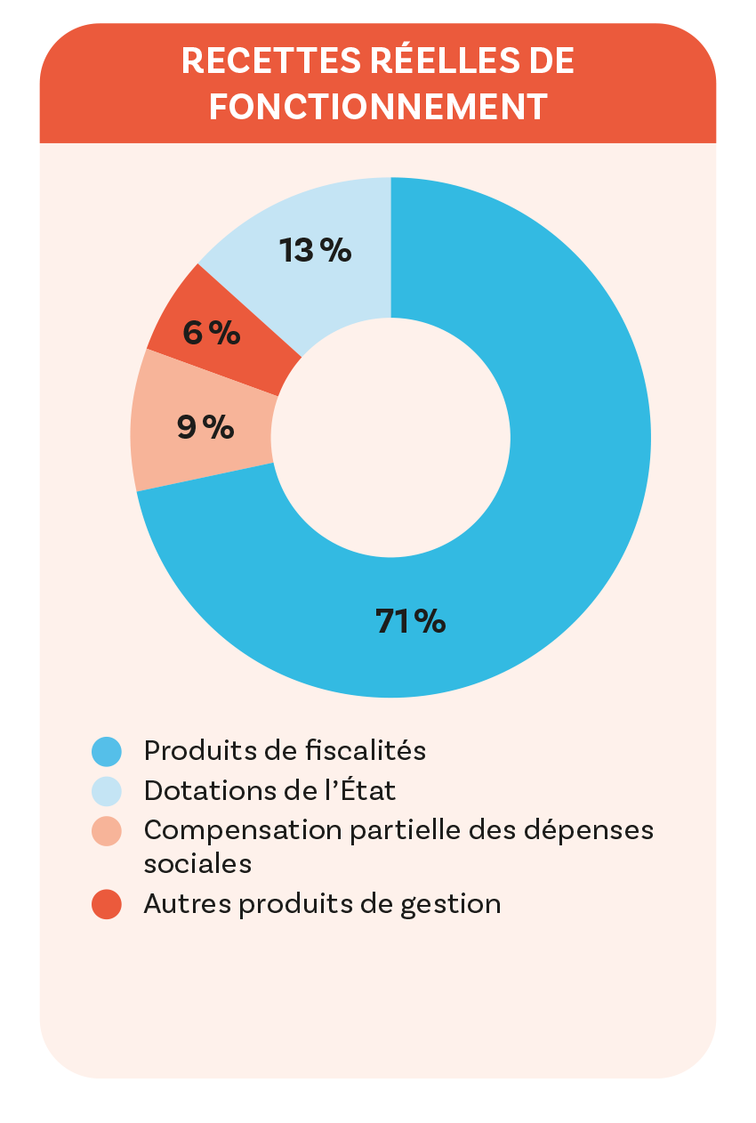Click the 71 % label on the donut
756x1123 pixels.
(x=410, y=621)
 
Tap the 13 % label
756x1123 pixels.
(x=316, y=251)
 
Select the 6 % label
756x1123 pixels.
(x=211, y=333)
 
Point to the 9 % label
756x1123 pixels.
(x=205, y=428)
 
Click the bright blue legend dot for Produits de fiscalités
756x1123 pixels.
(x=107, y=752)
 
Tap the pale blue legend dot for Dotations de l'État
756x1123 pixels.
(x=107, y=791)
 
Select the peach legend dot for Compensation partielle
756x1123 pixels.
(x=107, y=830)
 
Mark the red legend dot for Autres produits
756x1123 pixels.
(x=107, y=905)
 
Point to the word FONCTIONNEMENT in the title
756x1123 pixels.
(x=378, y=106)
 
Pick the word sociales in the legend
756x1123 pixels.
(x=197, y=863)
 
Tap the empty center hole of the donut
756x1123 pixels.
(x=390, y=438)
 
